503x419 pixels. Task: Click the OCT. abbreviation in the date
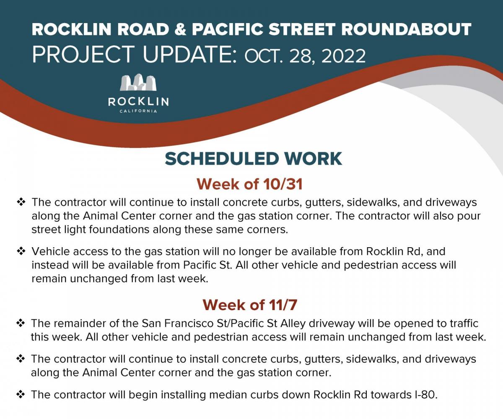tap(264, 56)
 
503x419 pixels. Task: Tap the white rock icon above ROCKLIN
tap(138, 83)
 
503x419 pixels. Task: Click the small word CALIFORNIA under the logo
tap(138, 111)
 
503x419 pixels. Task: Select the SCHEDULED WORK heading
tap(254, 159)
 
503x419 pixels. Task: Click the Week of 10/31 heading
tap(249, 184)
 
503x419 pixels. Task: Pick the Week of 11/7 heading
tap(250, 305)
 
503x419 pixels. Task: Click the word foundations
tap(119, 229)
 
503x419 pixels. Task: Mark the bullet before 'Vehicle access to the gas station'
tap(21, 251)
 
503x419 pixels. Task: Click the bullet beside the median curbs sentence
tap(21, 394)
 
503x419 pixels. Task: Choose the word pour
tap(469, 217)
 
